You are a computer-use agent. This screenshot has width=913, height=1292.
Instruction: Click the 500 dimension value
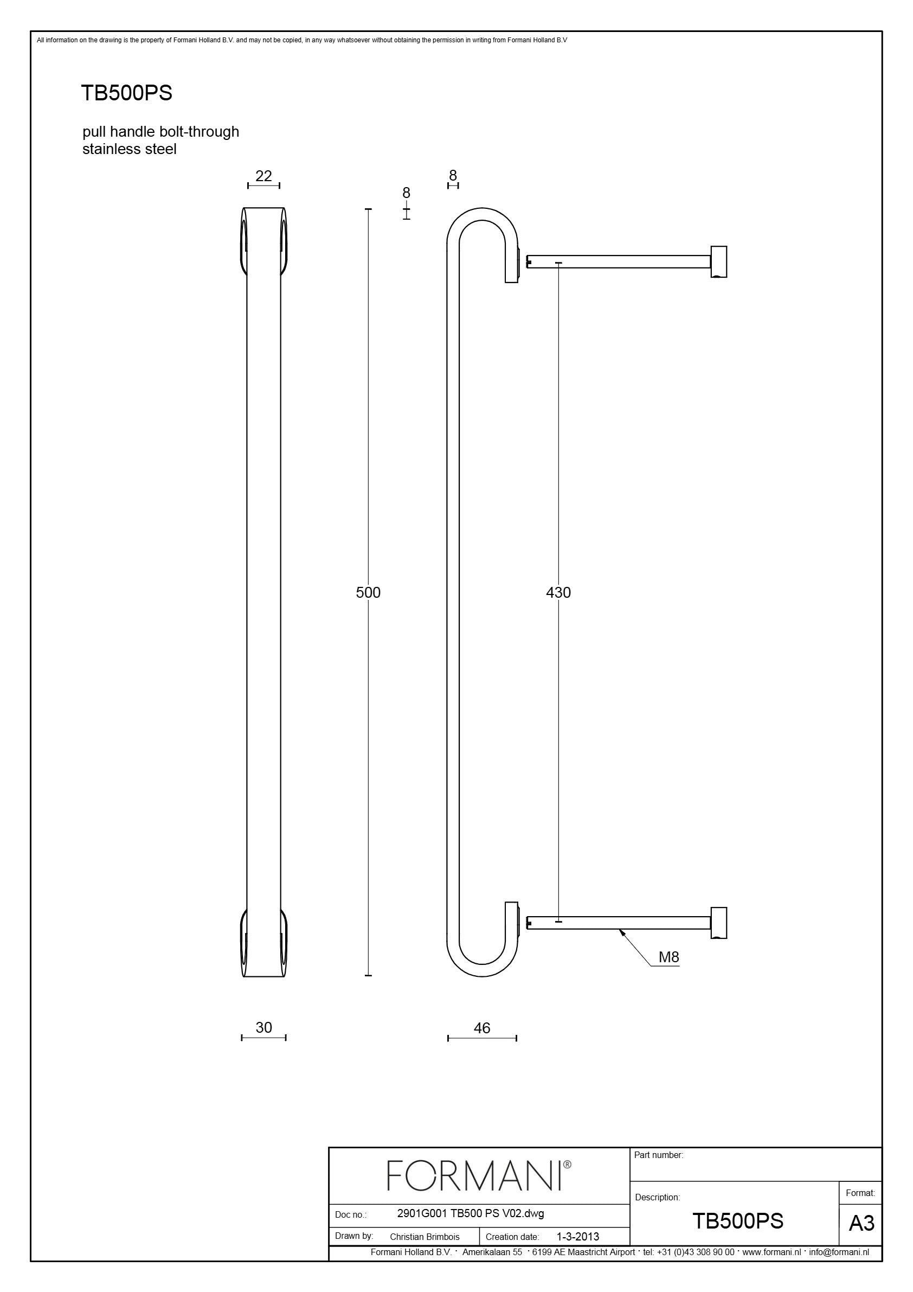(368, 592)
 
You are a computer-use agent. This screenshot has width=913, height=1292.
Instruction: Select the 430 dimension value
(558, 592)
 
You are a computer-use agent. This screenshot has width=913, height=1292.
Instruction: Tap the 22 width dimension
(263, 176)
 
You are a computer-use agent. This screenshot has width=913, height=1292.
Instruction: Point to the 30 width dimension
(263, 1027)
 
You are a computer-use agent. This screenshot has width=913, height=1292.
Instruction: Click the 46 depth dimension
(481, 1028)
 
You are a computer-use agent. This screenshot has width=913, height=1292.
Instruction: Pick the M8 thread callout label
(669, 957)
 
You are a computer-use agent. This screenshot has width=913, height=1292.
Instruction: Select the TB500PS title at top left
(126, 93)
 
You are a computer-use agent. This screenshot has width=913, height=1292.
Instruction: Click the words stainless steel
(130, 149)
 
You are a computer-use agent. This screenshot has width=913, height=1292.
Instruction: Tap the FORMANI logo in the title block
(479, 1175)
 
